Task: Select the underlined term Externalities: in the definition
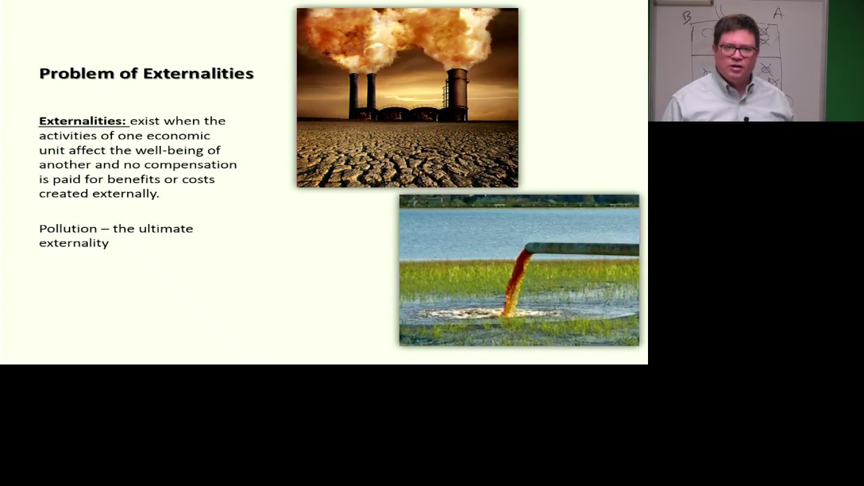click(82, 121)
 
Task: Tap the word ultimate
click(165, 229)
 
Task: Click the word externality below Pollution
click(74, 243)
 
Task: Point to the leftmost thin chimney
click(353, 94)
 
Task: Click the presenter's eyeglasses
click(737, 50)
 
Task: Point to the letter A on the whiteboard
click(778, 13)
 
